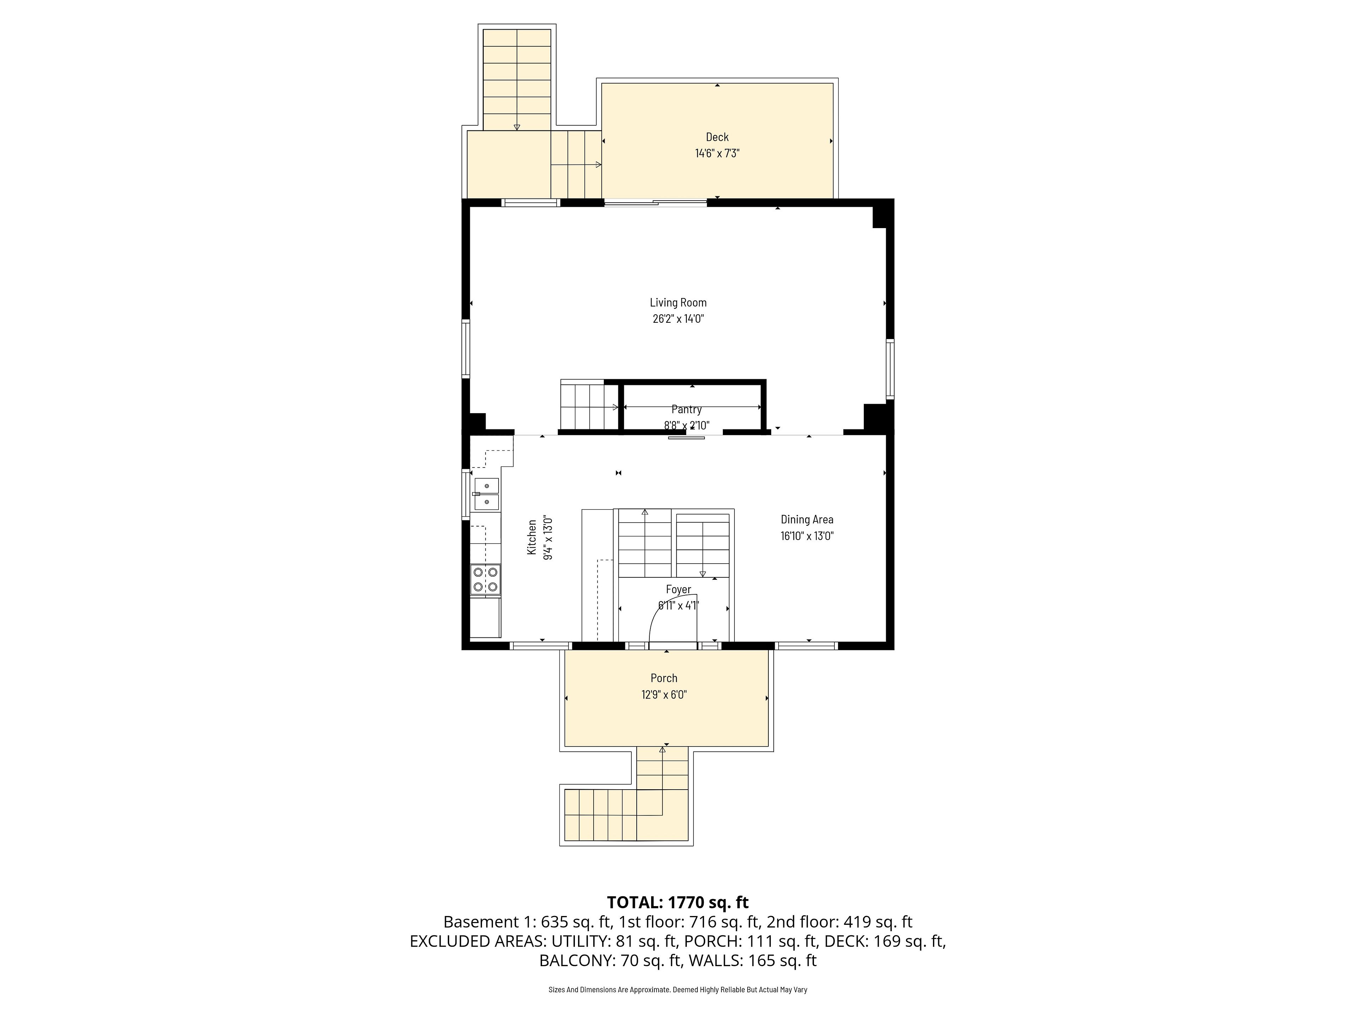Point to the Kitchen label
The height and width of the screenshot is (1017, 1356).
(x=532, y=537)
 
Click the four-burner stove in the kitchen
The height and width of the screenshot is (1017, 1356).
(x=486, y=580)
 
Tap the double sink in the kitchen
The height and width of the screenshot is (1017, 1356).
(x=487, y=494)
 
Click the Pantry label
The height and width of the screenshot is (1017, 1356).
(x=686, y=410)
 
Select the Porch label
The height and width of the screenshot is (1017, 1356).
(x=664, y=678)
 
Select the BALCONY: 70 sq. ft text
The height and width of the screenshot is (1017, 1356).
(x=610, y=961)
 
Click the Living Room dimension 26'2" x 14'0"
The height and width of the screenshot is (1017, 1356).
(x=678, y=319)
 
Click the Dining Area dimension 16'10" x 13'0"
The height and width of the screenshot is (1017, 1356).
(x=807, y=536)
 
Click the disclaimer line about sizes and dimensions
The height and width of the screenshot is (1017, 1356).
(x=678, y=989)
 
